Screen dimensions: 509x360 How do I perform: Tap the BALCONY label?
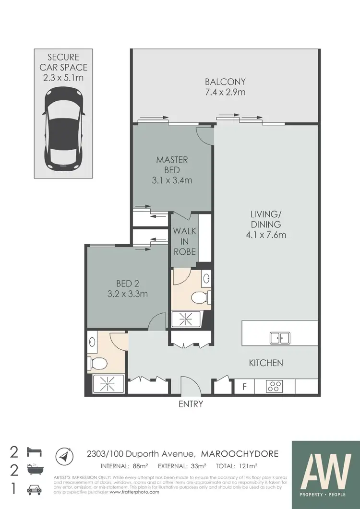[x=225, y=81]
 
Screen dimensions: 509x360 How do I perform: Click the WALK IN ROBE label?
[x=184, y=241]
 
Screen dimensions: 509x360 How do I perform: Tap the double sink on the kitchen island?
[x=279, y=338]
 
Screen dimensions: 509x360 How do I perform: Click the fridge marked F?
[x=244, y=387]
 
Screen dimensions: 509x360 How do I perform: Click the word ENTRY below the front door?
[x=191, y=404]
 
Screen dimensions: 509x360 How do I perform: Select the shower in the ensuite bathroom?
[x=186, y=318]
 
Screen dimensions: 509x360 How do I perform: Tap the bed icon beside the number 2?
[x=36, y=452]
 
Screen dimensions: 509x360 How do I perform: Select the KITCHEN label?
[x=265, y=363]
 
